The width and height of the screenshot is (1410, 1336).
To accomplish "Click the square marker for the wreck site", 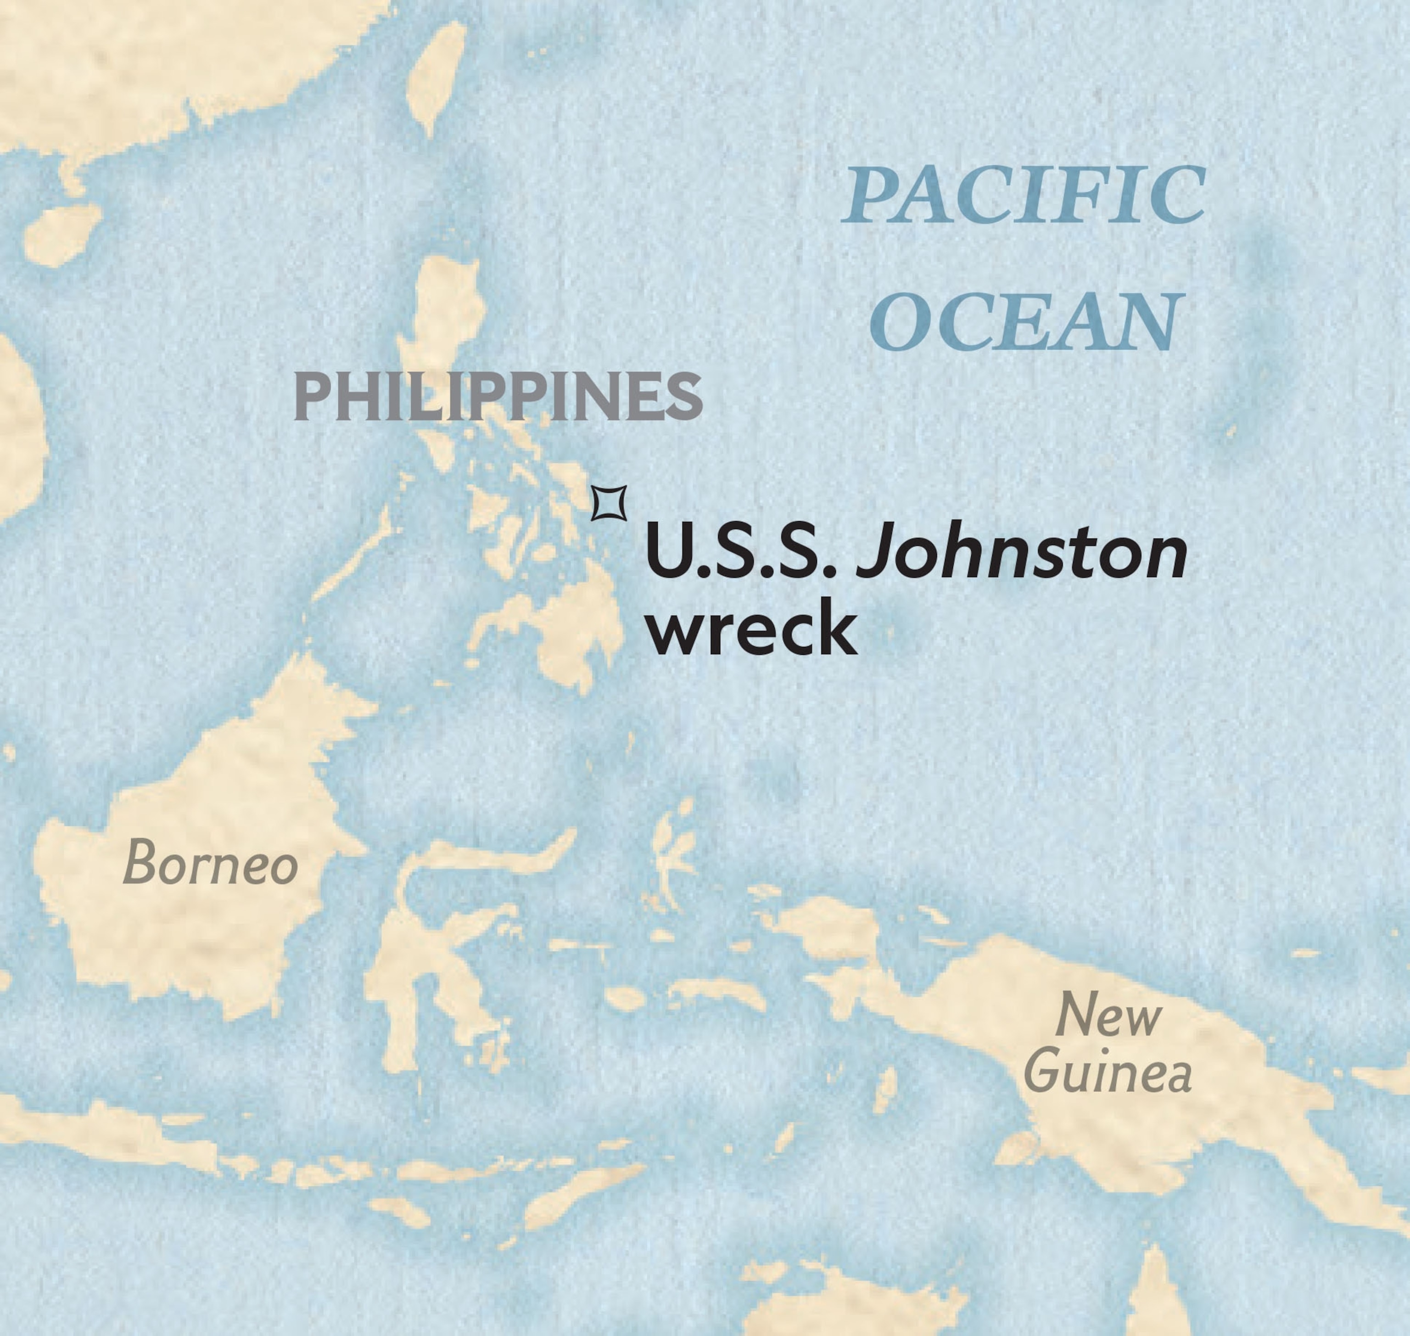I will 609,504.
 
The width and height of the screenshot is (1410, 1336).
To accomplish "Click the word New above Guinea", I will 1108,1016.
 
